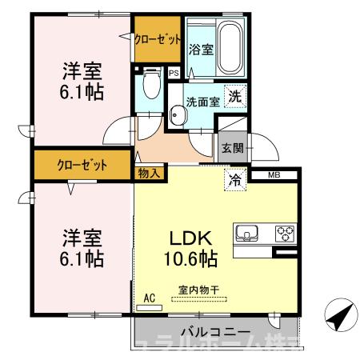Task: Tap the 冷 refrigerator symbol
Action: (236, 179)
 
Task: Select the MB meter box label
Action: (273, 174)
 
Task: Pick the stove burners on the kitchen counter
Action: (284, 234)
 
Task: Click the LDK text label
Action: (189, 239)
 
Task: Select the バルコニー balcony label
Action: (214, 331)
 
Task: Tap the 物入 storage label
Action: (149, 171)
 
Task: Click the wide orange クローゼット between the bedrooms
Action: (82, 166)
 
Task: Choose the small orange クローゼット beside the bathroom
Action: (157, 39)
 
